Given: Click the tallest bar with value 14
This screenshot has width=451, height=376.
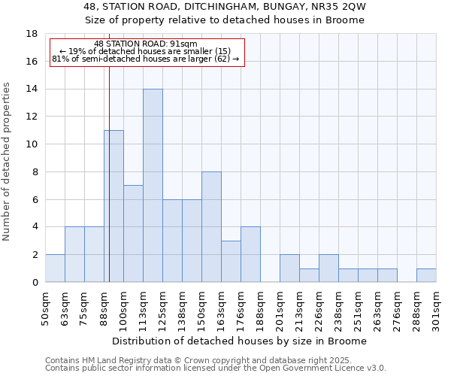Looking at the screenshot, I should [153, 185].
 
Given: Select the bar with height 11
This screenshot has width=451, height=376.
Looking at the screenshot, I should [114, 206].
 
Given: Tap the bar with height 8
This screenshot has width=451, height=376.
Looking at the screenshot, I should [211, 226].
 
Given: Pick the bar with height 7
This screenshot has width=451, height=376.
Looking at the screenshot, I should [133, 233].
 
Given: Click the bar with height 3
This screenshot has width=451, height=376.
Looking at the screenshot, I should [231, 261].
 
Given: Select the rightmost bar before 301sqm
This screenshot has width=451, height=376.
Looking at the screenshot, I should [426, 275].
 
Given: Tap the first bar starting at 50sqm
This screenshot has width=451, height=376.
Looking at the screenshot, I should [55, 268].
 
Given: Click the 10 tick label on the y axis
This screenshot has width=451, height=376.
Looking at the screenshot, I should [32, 144].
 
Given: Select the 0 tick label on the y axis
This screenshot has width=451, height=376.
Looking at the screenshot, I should [35, 283].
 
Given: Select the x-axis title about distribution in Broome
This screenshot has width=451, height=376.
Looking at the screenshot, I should [240, 341].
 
